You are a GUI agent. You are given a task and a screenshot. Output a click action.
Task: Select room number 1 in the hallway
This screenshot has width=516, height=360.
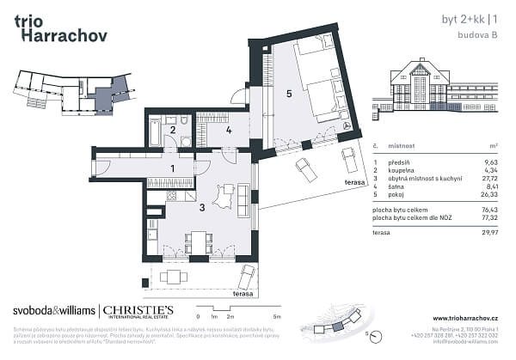pos(173,168)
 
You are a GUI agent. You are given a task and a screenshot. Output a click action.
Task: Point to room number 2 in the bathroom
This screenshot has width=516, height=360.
pos(173,131)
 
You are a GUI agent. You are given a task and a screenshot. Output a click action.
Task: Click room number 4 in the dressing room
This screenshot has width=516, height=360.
pos(229,131)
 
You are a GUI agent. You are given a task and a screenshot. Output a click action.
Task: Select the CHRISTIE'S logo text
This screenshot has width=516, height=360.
pos(138,309)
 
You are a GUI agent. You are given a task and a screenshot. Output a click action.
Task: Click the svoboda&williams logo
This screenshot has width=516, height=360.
pos(53,310)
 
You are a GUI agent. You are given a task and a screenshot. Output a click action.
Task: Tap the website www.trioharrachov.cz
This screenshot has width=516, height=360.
pos(465,318)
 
